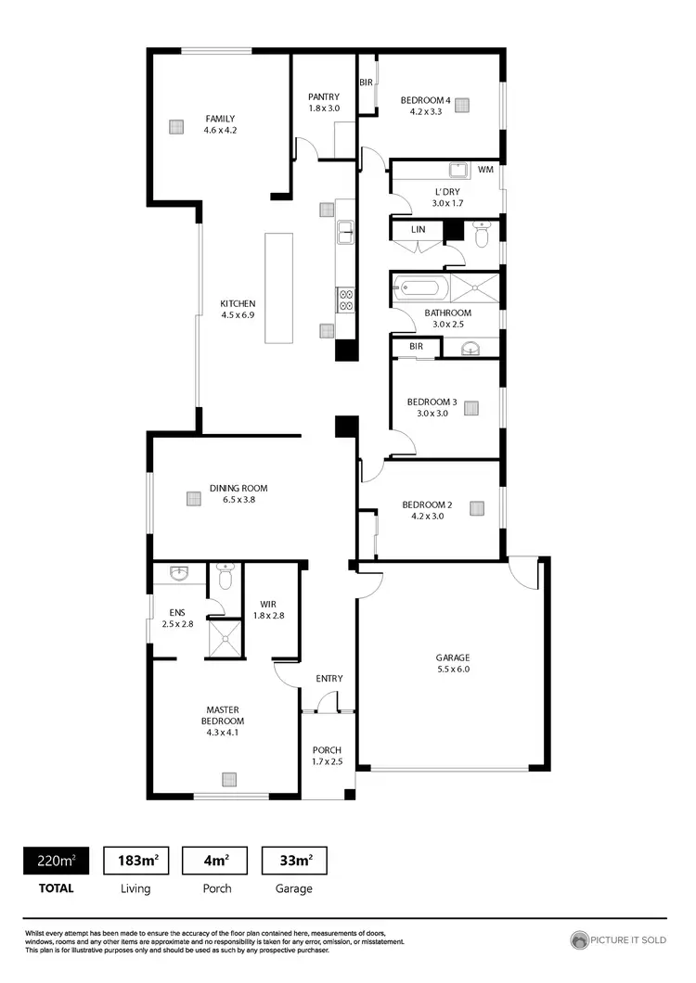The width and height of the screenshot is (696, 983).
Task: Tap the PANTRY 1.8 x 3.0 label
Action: [x=324, y=102]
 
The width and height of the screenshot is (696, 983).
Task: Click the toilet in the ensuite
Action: [x=225, y=578]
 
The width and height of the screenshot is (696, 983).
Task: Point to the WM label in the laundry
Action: [x=485, y=171]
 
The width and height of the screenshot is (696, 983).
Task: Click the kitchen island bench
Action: [x=278, y=287]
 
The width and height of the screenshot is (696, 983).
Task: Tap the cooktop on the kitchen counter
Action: [x=344, y=299]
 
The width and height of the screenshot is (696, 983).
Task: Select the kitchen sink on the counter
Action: [x=345, y=232]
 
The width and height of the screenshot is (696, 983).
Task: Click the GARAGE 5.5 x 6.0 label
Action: [x=453, y=663]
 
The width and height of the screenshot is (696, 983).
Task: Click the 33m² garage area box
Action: [x=295, y=861]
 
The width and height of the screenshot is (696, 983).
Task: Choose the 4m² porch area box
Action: [x=215, y=861]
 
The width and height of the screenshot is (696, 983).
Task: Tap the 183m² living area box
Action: [x=135, y=861]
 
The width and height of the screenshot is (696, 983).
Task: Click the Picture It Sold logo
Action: [x=619, y=940]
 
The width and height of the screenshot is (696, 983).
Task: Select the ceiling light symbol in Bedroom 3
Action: [x=471, y=408]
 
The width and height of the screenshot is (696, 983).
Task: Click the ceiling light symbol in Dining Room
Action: [x=193, y=499]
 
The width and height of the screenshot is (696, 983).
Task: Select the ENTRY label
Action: [x=329, y=679]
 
